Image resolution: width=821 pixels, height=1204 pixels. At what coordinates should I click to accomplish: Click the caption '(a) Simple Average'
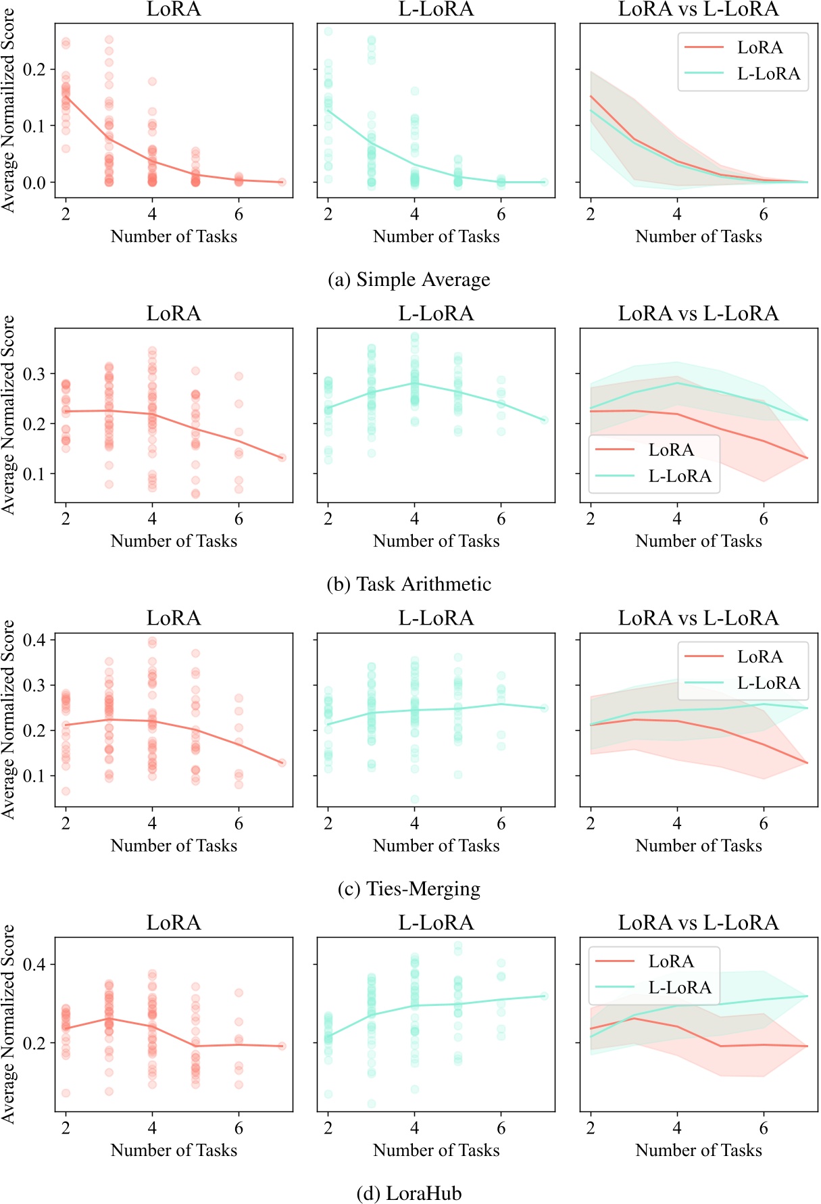(409, 280)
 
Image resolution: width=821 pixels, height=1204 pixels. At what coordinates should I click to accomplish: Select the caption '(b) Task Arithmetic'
(409, 584)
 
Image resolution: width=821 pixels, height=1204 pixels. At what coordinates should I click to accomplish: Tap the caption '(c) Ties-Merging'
(409, 889)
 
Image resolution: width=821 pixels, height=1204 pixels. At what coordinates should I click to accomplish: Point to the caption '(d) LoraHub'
(409, 1193)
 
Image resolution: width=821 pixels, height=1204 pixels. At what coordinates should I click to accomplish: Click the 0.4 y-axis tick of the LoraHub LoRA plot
(34, 965)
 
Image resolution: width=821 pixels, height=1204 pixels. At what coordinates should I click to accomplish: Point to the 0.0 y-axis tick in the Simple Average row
(34, 183)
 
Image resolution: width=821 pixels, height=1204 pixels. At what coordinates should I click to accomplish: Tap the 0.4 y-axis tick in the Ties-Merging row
(34, 640)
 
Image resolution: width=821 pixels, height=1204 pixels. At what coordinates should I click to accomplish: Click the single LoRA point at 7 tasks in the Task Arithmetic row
(282, 458)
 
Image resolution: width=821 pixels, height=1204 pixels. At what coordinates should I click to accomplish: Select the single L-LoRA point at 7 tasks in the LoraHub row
(544, 996)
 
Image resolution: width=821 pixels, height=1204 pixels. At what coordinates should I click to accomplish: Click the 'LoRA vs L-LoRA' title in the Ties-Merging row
(698, 618)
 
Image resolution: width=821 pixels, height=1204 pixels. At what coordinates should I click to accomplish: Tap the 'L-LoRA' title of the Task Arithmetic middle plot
(436, 314)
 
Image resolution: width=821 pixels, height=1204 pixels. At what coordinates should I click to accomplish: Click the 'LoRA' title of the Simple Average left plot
(174, 9)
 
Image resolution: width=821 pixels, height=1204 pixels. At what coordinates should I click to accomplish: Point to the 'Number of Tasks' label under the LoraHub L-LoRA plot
(436, 1150)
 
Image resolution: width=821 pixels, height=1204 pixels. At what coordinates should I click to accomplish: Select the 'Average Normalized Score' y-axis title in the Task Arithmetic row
(8, 414)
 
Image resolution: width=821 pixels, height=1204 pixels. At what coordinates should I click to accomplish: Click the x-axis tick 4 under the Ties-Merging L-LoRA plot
(414, 823)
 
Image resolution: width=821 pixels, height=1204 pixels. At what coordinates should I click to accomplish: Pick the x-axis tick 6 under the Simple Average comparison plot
(764, 214)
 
